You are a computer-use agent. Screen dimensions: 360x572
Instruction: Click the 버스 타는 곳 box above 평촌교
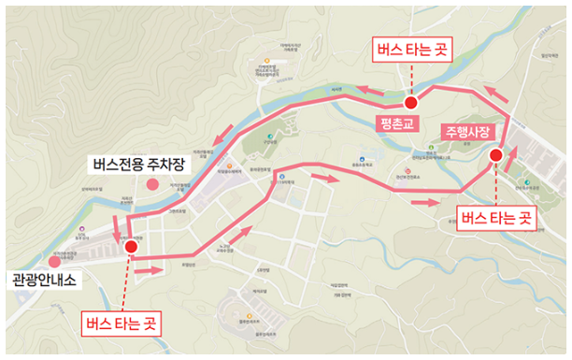412,50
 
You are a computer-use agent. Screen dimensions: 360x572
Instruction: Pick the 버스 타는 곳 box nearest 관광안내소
121,324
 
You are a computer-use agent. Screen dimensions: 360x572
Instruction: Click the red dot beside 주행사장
495,155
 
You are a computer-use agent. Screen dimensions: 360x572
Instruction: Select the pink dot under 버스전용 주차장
151,183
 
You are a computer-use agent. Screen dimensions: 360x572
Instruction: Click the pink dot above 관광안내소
65,263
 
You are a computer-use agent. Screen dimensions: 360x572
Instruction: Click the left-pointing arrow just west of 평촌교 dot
371,90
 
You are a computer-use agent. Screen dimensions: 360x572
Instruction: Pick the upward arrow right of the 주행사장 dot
509,159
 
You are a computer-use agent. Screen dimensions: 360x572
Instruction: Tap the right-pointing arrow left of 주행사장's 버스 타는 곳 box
424,201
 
